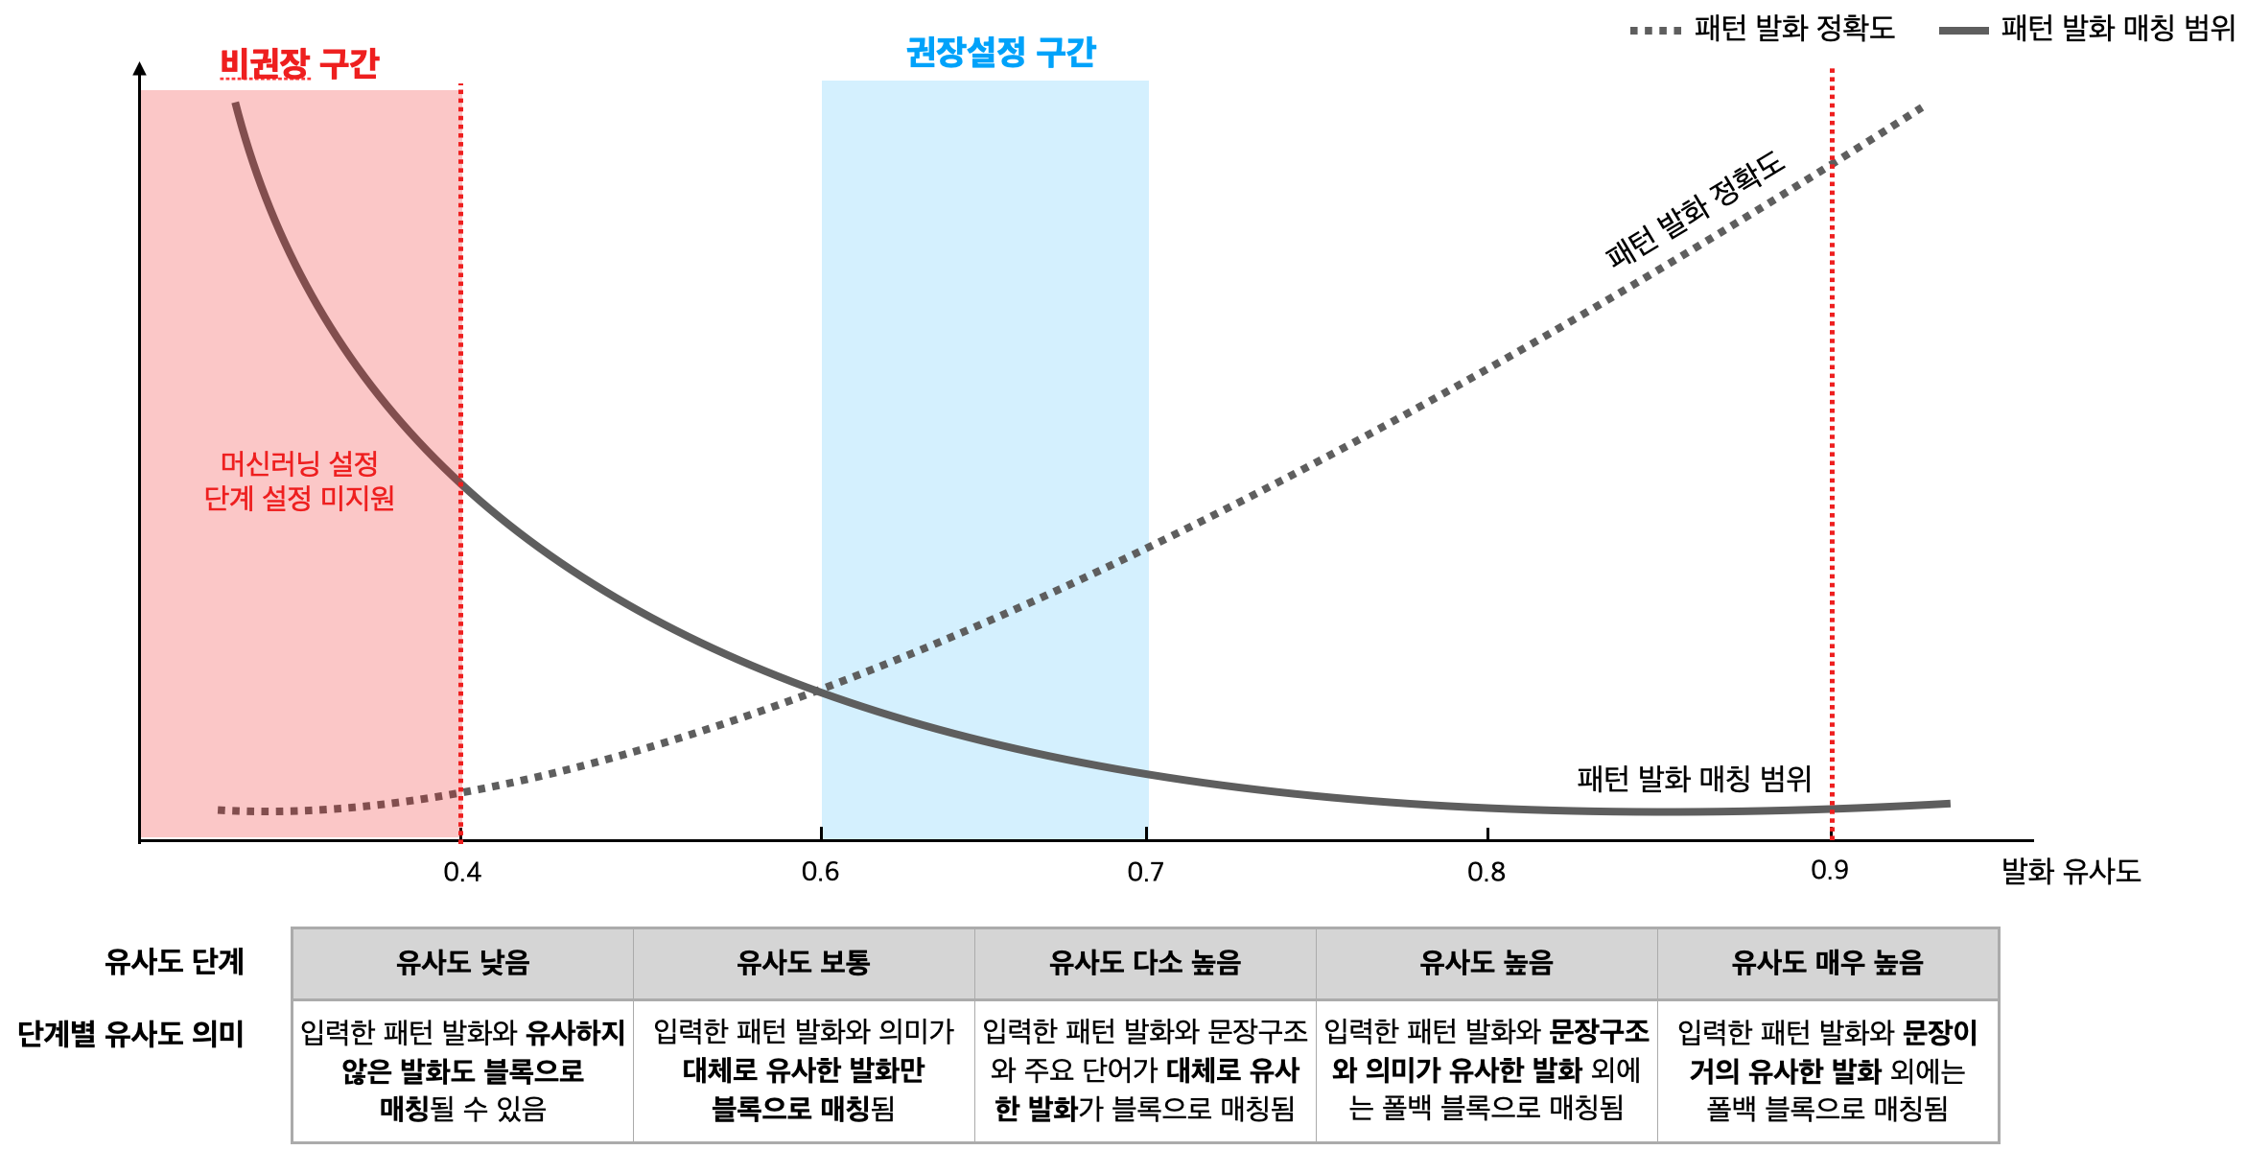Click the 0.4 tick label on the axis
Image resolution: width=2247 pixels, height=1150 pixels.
462,872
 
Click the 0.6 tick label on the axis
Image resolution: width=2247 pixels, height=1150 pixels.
820,872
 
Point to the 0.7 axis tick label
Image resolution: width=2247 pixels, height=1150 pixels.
1145,872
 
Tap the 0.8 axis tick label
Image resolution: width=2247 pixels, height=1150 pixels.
1486,872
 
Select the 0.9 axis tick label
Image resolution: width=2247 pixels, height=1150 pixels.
1829,870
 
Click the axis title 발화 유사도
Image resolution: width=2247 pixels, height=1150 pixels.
2071,871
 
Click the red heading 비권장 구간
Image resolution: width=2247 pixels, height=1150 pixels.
299,64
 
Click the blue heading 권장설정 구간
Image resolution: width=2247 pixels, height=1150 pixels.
1000,52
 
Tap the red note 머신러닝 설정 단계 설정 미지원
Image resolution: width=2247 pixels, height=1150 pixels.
299,481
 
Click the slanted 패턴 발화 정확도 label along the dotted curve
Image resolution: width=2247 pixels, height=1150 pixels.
1695,208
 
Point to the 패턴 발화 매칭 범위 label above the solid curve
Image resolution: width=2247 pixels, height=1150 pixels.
1694,778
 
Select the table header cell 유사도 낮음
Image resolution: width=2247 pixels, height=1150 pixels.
462,963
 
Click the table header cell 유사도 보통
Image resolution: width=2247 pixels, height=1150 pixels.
803,963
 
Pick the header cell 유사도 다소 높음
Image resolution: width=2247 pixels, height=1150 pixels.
1145,963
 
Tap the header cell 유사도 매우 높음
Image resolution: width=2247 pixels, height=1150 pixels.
1827,963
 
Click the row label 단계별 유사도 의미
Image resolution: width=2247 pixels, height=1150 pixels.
131,1034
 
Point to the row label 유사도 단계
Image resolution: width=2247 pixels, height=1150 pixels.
175,962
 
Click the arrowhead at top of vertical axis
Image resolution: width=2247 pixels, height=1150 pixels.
140,69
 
